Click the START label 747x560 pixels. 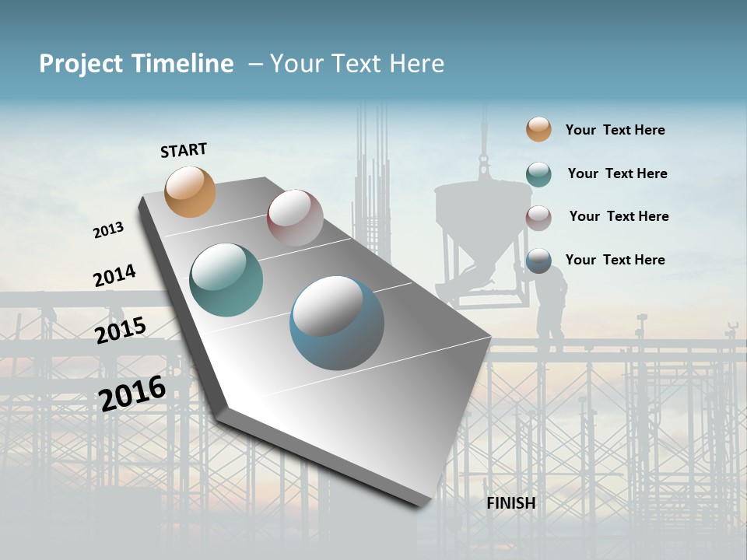(184, 150)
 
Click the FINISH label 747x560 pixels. (510, 503)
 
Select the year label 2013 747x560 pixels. (108, 230)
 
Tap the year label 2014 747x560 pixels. (114, 275)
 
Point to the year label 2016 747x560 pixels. (132, 393)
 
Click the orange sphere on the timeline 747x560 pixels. (191, 191)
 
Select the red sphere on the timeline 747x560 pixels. (295, 218)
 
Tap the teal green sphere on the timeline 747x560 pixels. (226, 280)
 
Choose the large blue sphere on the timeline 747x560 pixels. (337, 323)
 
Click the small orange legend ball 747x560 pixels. (538, 129)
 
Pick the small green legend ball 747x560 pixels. (538, 174)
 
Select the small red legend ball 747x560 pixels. (538, 218)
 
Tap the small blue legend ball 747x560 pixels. (538, 261)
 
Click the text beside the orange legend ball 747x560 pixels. (615, 130)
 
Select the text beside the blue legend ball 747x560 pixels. (615, 260)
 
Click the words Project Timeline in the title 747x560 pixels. (136, 64)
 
